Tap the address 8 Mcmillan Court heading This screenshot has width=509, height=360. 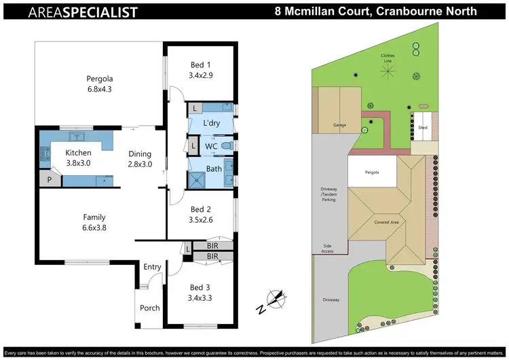(375, 12)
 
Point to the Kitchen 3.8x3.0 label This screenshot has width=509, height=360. (79, 158)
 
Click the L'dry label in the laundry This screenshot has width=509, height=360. (211, 124)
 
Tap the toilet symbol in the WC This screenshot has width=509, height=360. (227, 146)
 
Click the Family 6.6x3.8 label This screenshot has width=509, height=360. (94, 223)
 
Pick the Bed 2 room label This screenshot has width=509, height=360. (201, 215)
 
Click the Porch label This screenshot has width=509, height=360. (150, 308)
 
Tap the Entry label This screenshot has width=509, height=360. (152, 267)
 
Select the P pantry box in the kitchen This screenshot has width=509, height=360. (49, 179)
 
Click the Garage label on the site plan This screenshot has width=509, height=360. (339, 125)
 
